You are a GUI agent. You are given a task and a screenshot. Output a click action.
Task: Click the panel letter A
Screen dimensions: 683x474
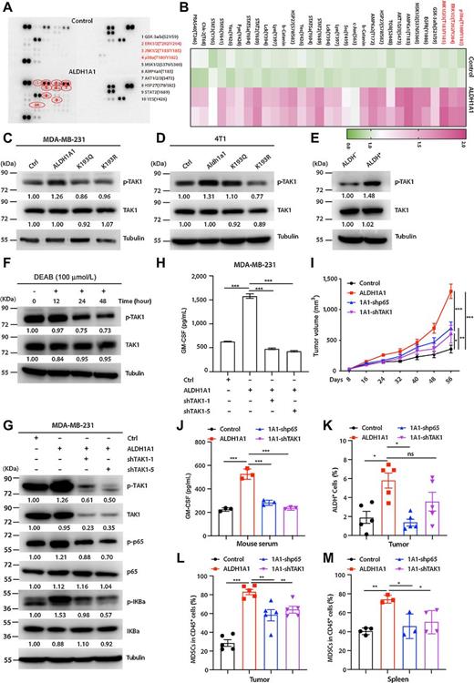(x=6, y=5)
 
